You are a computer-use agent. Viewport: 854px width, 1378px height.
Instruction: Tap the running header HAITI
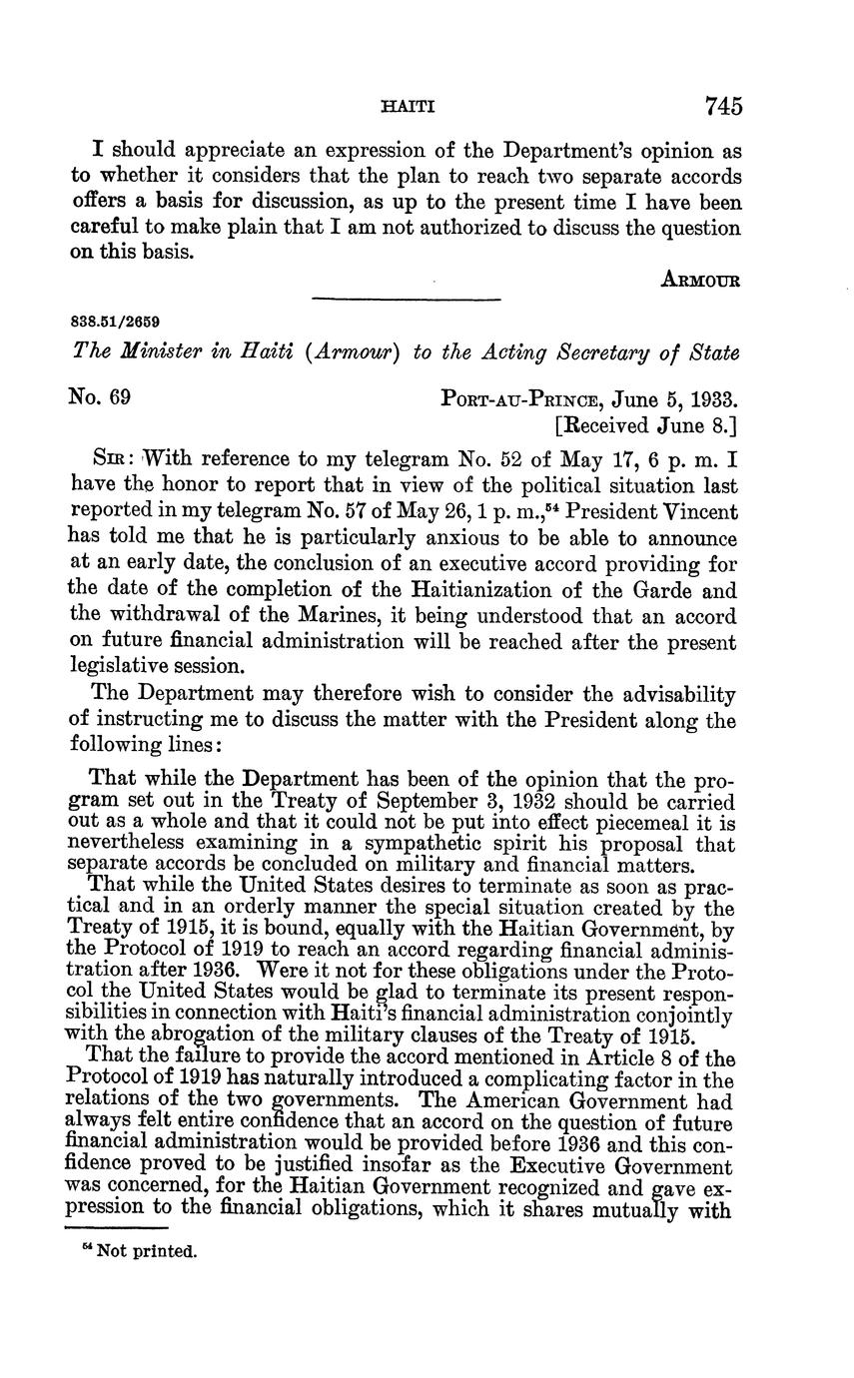(409, 106)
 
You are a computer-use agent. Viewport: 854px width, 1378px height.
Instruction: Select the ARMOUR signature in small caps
(700, 281)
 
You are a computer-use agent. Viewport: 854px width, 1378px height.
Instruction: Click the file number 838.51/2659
(117, 323)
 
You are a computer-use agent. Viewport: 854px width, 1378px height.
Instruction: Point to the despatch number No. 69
(100, 397)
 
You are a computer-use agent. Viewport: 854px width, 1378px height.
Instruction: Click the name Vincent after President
(700, 511)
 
